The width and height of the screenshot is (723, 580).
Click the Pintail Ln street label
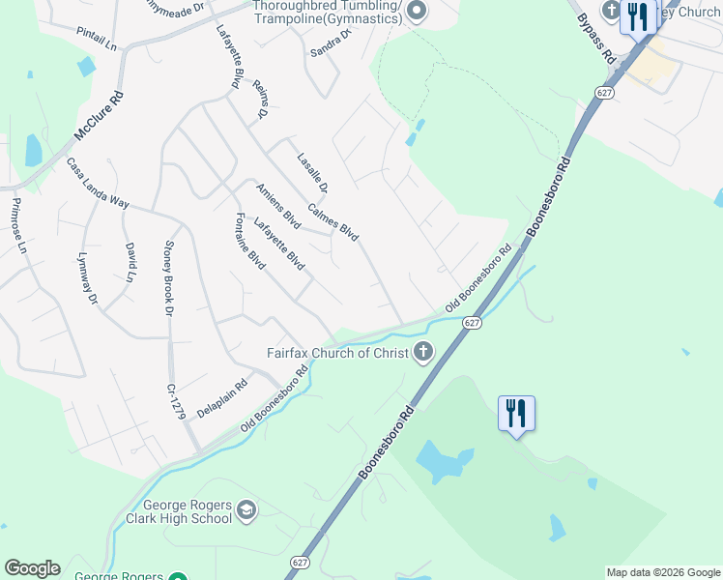pos(97,39)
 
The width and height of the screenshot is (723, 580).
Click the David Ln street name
pos(130,262)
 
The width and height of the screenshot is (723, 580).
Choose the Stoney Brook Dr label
pos(168,278)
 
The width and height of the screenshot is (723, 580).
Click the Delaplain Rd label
pos(222,397)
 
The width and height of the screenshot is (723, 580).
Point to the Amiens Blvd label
pos(278,206)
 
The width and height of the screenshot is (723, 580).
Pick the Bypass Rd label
pos(597,39)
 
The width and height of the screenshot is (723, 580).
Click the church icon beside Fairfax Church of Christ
pos(422,352)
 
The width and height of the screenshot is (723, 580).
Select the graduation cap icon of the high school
pos(246,509)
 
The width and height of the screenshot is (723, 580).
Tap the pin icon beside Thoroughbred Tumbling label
pos(417,12)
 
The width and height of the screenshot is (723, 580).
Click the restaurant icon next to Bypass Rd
pos(637,16)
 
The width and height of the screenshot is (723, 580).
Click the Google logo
pos(32,568)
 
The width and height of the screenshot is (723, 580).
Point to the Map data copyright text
pos(663,572)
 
